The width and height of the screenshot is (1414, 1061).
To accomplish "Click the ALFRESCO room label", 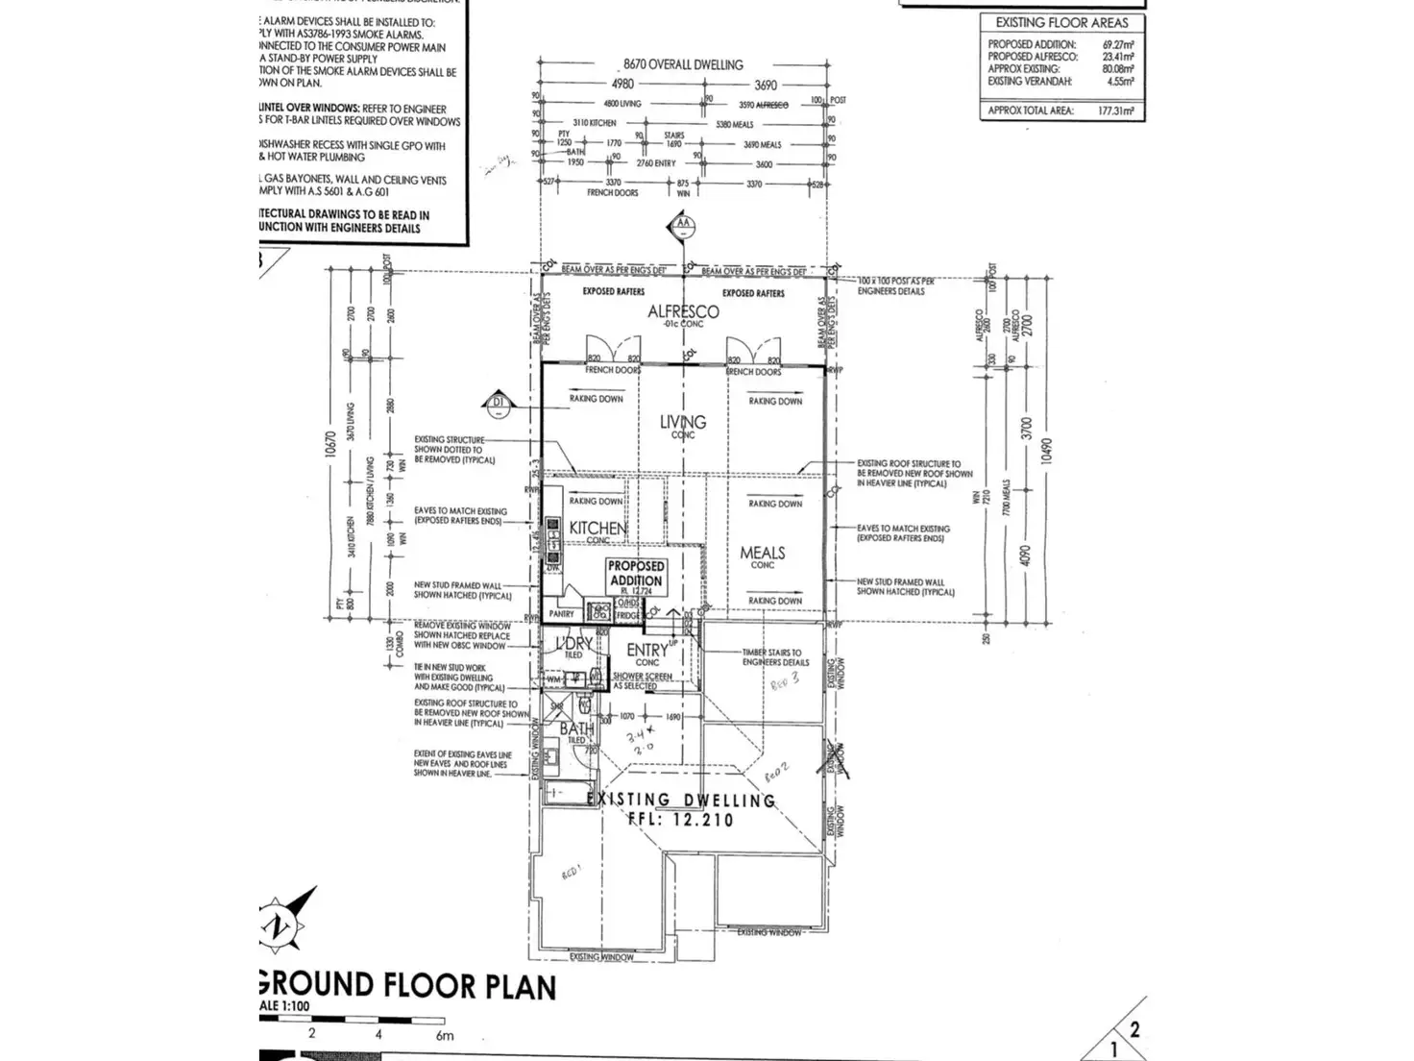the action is (683, 311).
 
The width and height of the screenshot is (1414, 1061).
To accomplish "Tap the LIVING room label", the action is (683, 422).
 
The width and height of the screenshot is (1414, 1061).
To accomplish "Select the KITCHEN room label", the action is (597, 528).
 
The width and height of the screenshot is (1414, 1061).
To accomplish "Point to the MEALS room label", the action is (763, 553).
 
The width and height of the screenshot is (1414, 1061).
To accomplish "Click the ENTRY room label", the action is (646, 651).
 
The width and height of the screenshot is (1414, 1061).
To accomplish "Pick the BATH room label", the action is (576, 729).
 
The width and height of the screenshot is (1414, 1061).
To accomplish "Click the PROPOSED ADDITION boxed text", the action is (635, 573).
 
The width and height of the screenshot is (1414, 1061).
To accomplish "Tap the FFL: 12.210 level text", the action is (681, 820).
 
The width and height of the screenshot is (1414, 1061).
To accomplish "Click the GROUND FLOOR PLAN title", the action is (407, 986).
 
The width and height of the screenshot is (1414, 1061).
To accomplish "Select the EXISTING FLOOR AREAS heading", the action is (1061, 22).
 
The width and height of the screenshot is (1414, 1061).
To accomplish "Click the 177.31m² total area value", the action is (1115, 111).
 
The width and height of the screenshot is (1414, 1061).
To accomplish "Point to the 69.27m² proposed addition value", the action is (1118, 44).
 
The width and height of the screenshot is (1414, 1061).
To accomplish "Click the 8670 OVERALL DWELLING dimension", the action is (683, 64).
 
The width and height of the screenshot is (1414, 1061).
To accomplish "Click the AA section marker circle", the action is (683, 227).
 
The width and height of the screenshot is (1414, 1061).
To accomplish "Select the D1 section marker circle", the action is (498, 403).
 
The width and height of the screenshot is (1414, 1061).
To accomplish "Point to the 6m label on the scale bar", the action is (444, 1035).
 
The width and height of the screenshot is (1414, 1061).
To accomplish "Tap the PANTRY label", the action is (561, 613).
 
